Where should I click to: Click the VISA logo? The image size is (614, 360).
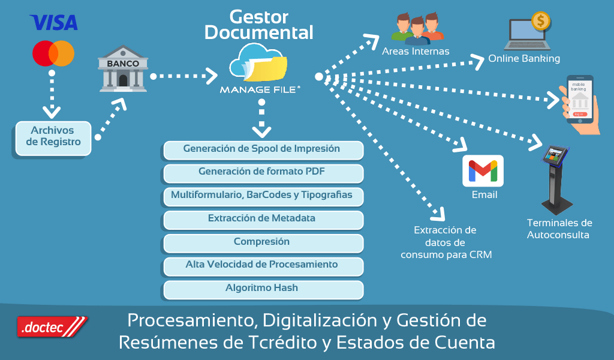pos(54,23)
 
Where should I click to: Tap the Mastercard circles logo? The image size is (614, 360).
pos(53,53)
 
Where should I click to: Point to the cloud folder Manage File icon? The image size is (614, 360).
pos(259,64)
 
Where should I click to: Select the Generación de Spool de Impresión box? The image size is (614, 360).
pos(263,149)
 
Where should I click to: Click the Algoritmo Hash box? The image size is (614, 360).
pos(263,289)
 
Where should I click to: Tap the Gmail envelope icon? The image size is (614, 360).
pos(483,171)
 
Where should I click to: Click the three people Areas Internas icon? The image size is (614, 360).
pos(417,28)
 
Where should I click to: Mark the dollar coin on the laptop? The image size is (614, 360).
pos(541,21)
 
